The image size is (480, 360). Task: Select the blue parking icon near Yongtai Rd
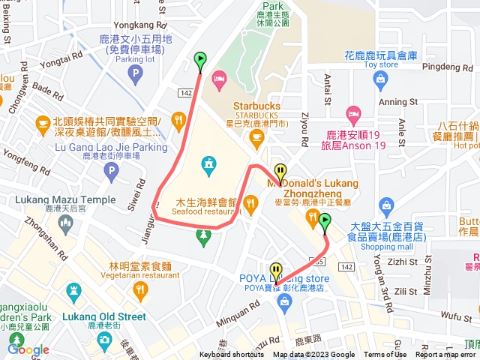tap(135, 73)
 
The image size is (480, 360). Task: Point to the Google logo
tap(28, 349)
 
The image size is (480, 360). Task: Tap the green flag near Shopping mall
tap(325, 222)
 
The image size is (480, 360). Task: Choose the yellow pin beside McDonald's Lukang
tap(280, 172)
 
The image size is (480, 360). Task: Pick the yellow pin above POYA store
tap(276, 270)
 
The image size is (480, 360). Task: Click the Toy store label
tap(380, 64)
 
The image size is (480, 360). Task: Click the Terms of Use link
tap(385, 355)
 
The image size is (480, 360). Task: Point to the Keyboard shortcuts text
tap(232, 355)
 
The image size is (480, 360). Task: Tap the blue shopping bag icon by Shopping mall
tap(387, 204)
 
